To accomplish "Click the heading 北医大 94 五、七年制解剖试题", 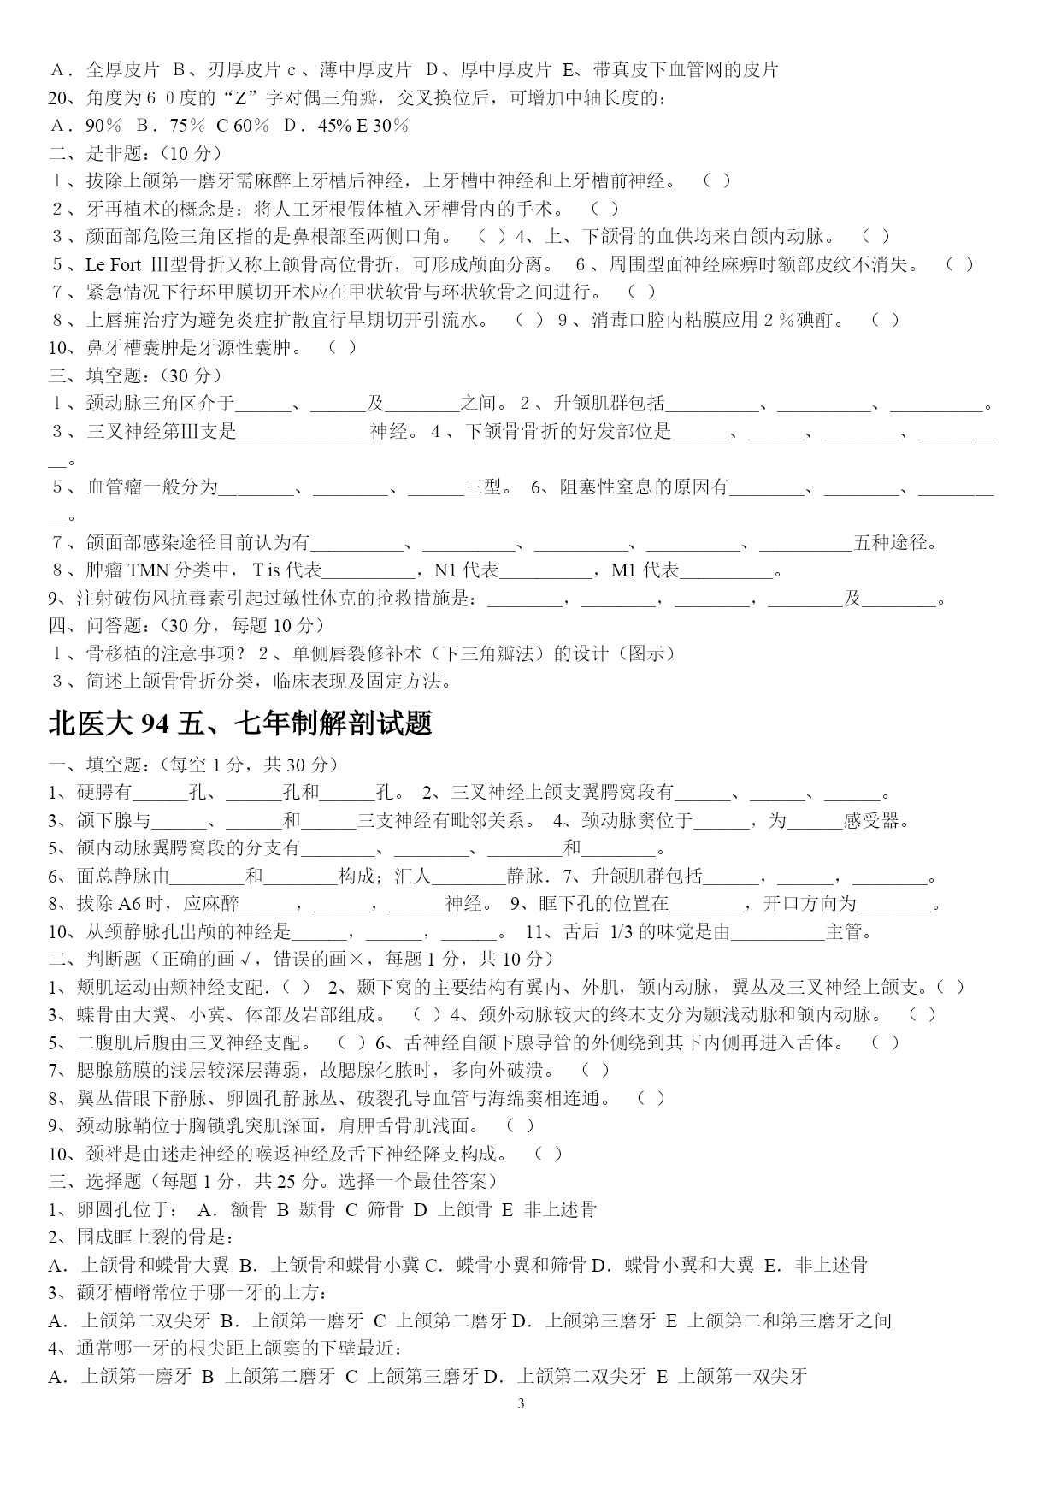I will pyautogui.click(x=240, y=724).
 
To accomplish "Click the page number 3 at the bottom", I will pyautogui.click(x=521, y=1403).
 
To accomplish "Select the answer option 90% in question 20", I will pyautogui.click(x=103, y=126).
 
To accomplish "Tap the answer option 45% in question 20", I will pyautogui.click(x=334, y=126).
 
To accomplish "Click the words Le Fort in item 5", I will pyautogui.click(x=113, y=264).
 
